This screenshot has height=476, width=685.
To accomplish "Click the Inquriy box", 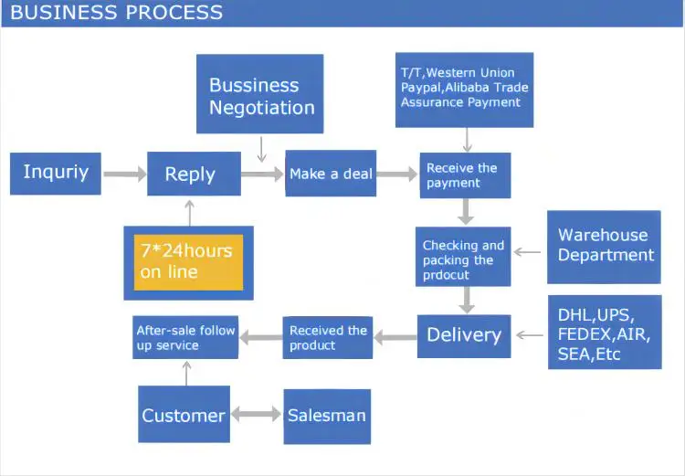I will [55, 174].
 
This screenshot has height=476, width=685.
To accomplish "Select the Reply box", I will [189, 175].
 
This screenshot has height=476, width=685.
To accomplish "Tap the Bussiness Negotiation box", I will [260, 95].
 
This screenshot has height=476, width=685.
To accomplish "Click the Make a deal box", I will [331, 174].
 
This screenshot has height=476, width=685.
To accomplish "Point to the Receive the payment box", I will [464, 175].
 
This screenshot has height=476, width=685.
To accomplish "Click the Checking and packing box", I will [463, 257].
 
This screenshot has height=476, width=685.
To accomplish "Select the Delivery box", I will [463, 335].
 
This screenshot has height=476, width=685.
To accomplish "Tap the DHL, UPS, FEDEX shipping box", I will [604, 332].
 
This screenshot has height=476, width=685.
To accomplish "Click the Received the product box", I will [328, 337].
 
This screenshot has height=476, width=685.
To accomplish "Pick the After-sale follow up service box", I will [186, 337].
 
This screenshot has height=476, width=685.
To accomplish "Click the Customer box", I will [183, 416].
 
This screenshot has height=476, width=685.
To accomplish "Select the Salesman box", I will [326, 416].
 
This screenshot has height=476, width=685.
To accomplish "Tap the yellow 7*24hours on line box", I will [188, 261].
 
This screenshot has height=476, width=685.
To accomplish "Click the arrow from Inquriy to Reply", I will [124, 174].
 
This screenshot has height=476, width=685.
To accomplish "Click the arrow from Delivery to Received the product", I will [395, 337].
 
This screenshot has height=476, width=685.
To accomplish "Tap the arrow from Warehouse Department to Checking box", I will [528, 249].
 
